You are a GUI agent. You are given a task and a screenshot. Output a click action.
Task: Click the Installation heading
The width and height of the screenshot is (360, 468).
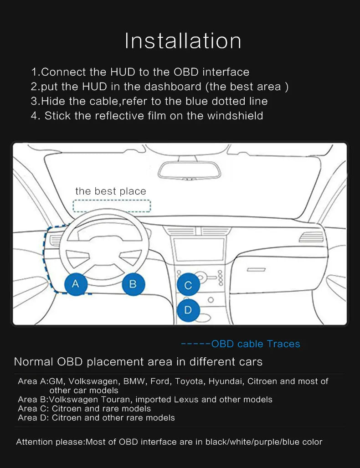(x=183, y=41)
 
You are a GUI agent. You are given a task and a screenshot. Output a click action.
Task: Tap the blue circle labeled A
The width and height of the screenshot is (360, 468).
(x=76, y=284)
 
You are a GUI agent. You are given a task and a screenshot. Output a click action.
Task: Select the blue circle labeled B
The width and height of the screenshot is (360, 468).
(x=133, y=284)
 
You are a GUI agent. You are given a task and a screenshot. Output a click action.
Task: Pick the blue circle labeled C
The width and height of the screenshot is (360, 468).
(x=188, y=286)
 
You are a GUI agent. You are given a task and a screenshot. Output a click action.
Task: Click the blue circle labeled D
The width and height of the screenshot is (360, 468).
(x=188, y=310)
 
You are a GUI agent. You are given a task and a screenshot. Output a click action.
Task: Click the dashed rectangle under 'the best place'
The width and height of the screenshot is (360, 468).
(x=112, y=206)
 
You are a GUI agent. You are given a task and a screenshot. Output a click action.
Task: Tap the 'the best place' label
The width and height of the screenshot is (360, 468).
(x=111, y=191)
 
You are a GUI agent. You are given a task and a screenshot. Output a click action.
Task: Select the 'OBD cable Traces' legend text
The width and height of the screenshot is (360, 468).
(x=255, y=344)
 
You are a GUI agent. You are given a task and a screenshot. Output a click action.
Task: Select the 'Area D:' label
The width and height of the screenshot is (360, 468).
(x=33, y=417)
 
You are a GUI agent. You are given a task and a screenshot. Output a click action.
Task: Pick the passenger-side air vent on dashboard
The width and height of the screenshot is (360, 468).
(x=311, y=237)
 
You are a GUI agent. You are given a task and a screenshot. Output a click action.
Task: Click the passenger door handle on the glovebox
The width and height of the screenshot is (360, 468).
(x=256, y=270)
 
